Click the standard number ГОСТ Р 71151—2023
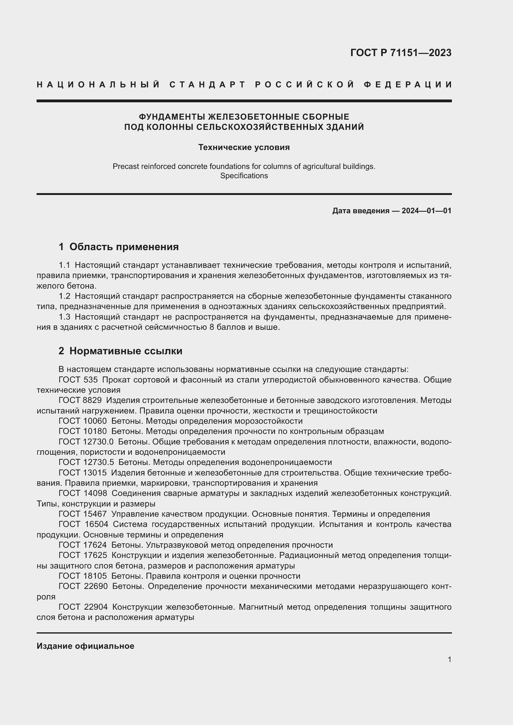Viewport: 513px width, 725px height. tap(400, 53)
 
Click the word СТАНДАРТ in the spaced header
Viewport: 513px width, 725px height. tap(207, 85)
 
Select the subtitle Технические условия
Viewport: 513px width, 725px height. tap(244, 148)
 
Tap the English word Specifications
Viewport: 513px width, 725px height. tap(244, 176)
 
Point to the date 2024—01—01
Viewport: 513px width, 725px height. tap(426, 210)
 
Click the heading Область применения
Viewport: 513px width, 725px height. tap(124, 247)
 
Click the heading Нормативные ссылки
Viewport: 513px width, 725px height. tap(126, 351)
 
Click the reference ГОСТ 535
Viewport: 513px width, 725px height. tap(78, 380)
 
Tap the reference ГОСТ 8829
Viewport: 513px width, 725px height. tap(80, 400)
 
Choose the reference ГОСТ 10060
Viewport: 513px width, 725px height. tap(83, 421)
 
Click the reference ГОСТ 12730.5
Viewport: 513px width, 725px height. tap(86, 462)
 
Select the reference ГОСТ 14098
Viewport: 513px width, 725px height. tap(83, 493)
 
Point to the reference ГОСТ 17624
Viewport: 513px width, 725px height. tap(83, 545)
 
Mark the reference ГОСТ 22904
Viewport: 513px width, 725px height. tap(83, 607)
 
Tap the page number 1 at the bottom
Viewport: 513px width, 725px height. tap(449, 660)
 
